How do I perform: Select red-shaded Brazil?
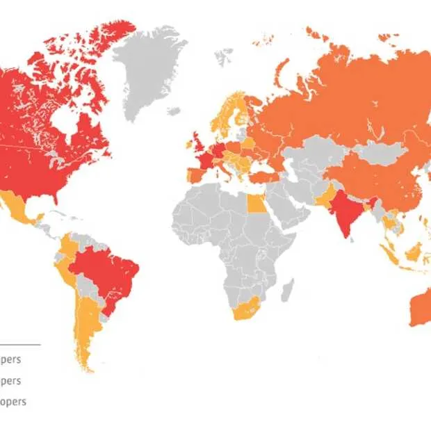tap(111, 271)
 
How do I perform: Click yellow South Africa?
tap(245, 309)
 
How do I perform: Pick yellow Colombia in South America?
tap(70, 247)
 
